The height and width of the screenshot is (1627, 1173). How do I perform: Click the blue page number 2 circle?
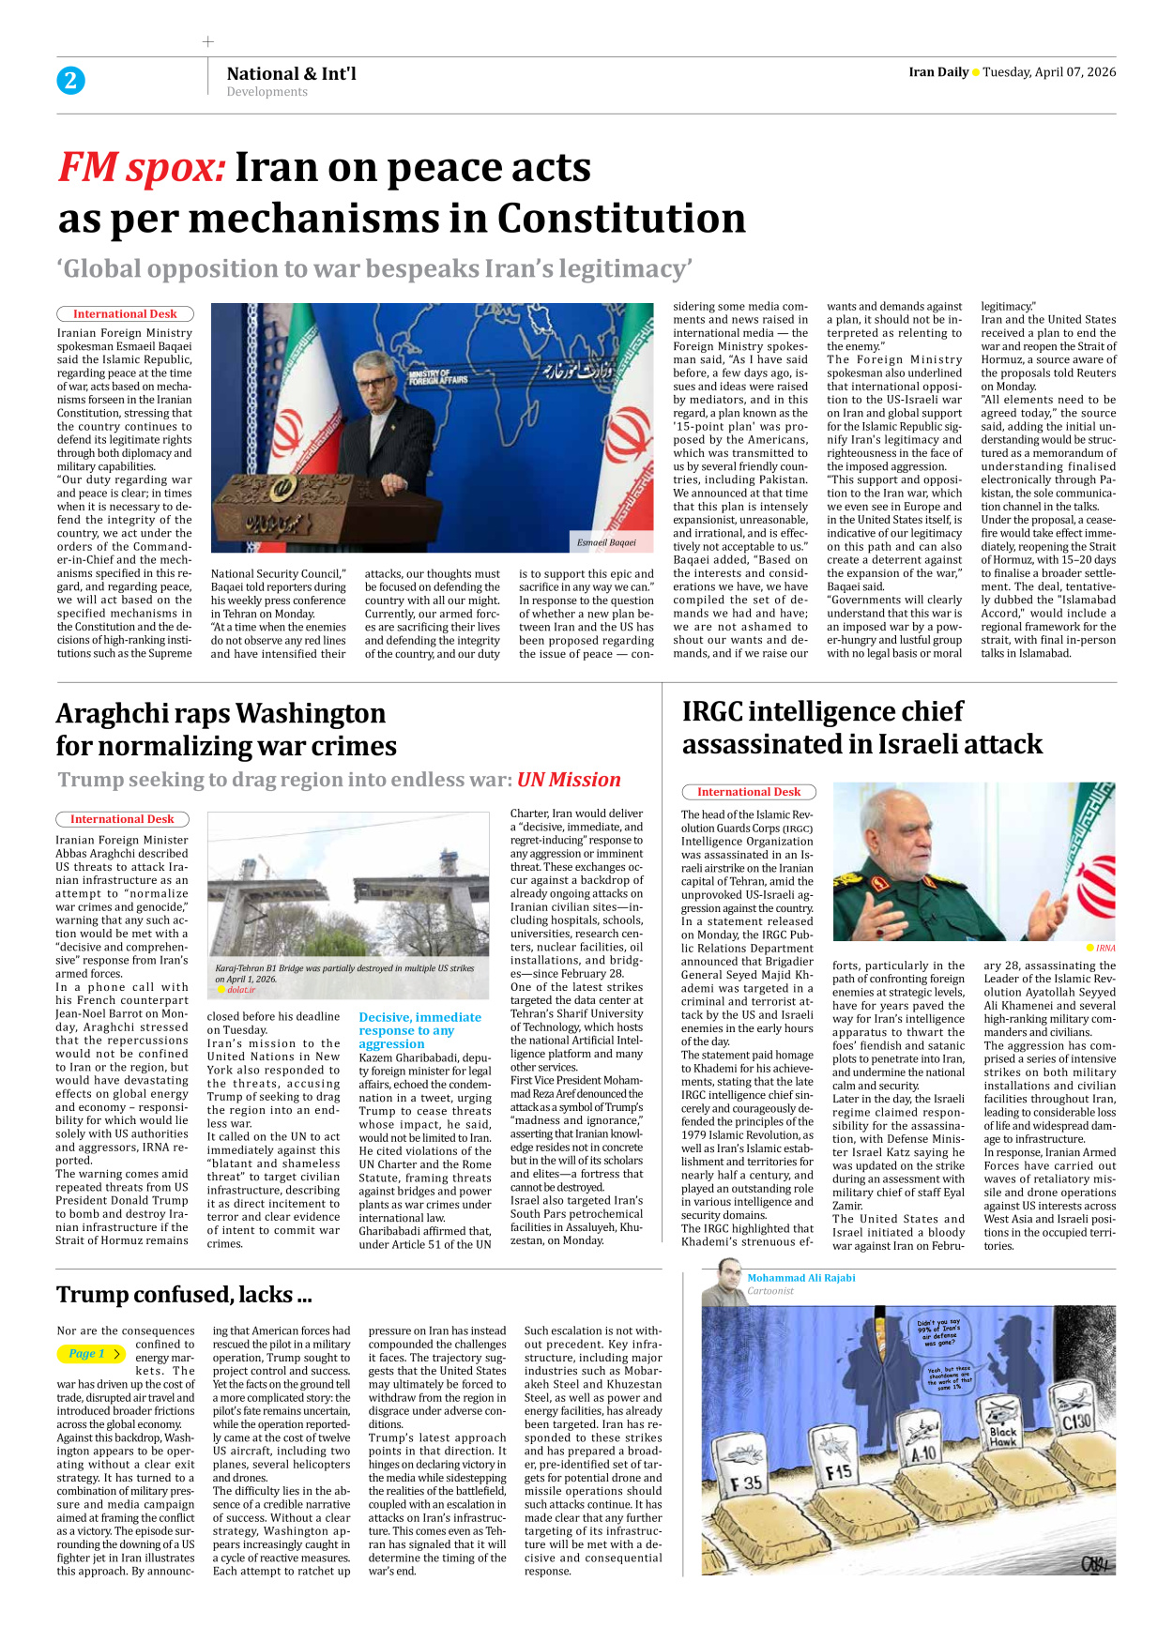point(70,81)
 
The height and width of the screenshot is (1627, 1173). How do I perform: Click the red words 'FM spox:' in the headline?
point(142,168)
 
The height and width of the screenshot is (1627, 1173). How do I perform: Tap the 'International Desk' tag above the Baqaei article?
point(125,314)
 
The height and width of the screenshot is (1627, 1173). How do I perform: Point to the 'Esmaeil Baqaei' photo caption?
point(606,542)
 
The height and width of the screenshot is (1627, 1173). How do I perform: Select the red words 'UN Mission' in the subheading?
point(569,780)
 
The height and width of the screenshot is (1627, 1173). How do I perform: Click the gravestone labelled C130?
point(1075,1420)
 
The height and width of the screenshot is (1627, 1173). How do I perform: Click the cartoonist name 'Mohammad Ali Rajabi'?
point(800,1278)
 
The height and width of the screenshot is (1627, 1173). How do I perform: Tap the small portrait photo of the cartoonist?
point(724,1282)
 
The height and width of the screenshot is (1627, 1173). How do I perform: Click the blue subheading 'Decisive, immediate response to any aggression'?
point(419,1030)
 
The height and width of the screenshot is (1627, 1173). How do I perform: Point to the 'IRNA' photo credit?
point(1105,949)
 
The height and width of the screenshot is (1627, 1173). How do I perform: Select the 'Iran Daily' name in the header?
point(937,72)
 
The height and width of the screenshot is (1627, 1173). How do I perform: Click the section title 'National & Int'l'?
point(291,73)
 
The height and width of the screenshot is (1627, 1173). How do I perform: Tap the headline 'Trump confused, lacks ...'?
point(184,1295)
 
